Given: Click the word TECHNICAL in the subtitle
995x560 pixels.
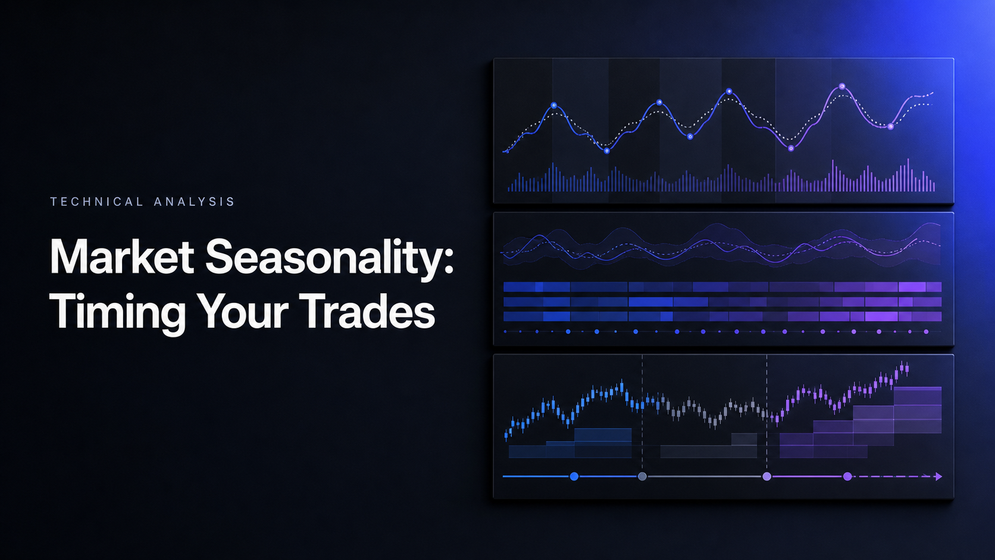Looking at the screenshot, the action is [x=96, y=202].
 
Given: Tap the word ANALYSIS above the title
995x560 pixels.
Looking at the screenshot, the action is [x=193, y=202].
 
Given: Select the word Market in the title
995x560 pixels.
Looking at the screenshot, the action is [x=122, y=257].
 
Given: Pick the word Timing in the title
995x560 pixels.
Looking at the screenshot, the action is [x=117, y=312].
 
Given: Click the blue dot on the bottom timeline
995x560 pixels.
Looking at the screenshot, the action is [x=574, y=477].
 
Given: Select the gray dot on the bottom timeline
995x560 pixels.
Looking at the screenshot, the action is [x=642, y=477].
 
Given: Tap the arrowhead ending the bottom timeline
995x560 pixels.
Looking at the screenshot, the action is [x=938, y=477].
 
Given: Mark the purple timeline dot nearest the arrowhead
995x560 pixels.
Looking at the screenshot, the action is [x=847, y=477].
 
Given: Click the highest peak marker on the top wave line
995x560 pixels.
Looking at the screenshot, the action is [x=841, y=86].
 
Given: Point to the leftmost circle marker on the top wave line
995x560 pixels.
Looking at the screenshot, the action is [x=554, y=105].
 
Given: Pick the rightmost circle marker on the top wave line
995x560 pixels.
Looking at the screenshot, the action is [x=890, y=127].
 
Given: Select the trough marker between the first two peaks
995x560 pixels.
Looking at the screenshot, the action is [x=607, y=151].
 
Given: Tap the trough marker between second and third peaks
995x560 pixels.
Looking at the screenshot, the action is [x=690, y=137].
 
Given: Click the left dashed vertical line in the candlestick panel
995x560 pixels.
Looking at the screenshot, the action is [x=642, y=411].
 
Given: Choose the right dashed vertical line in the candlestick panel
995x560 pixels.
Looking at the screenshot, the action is [x=766, y=411].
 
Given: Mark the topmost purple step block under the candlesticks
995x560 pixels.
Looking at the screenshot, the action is [x=918, y=396].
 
